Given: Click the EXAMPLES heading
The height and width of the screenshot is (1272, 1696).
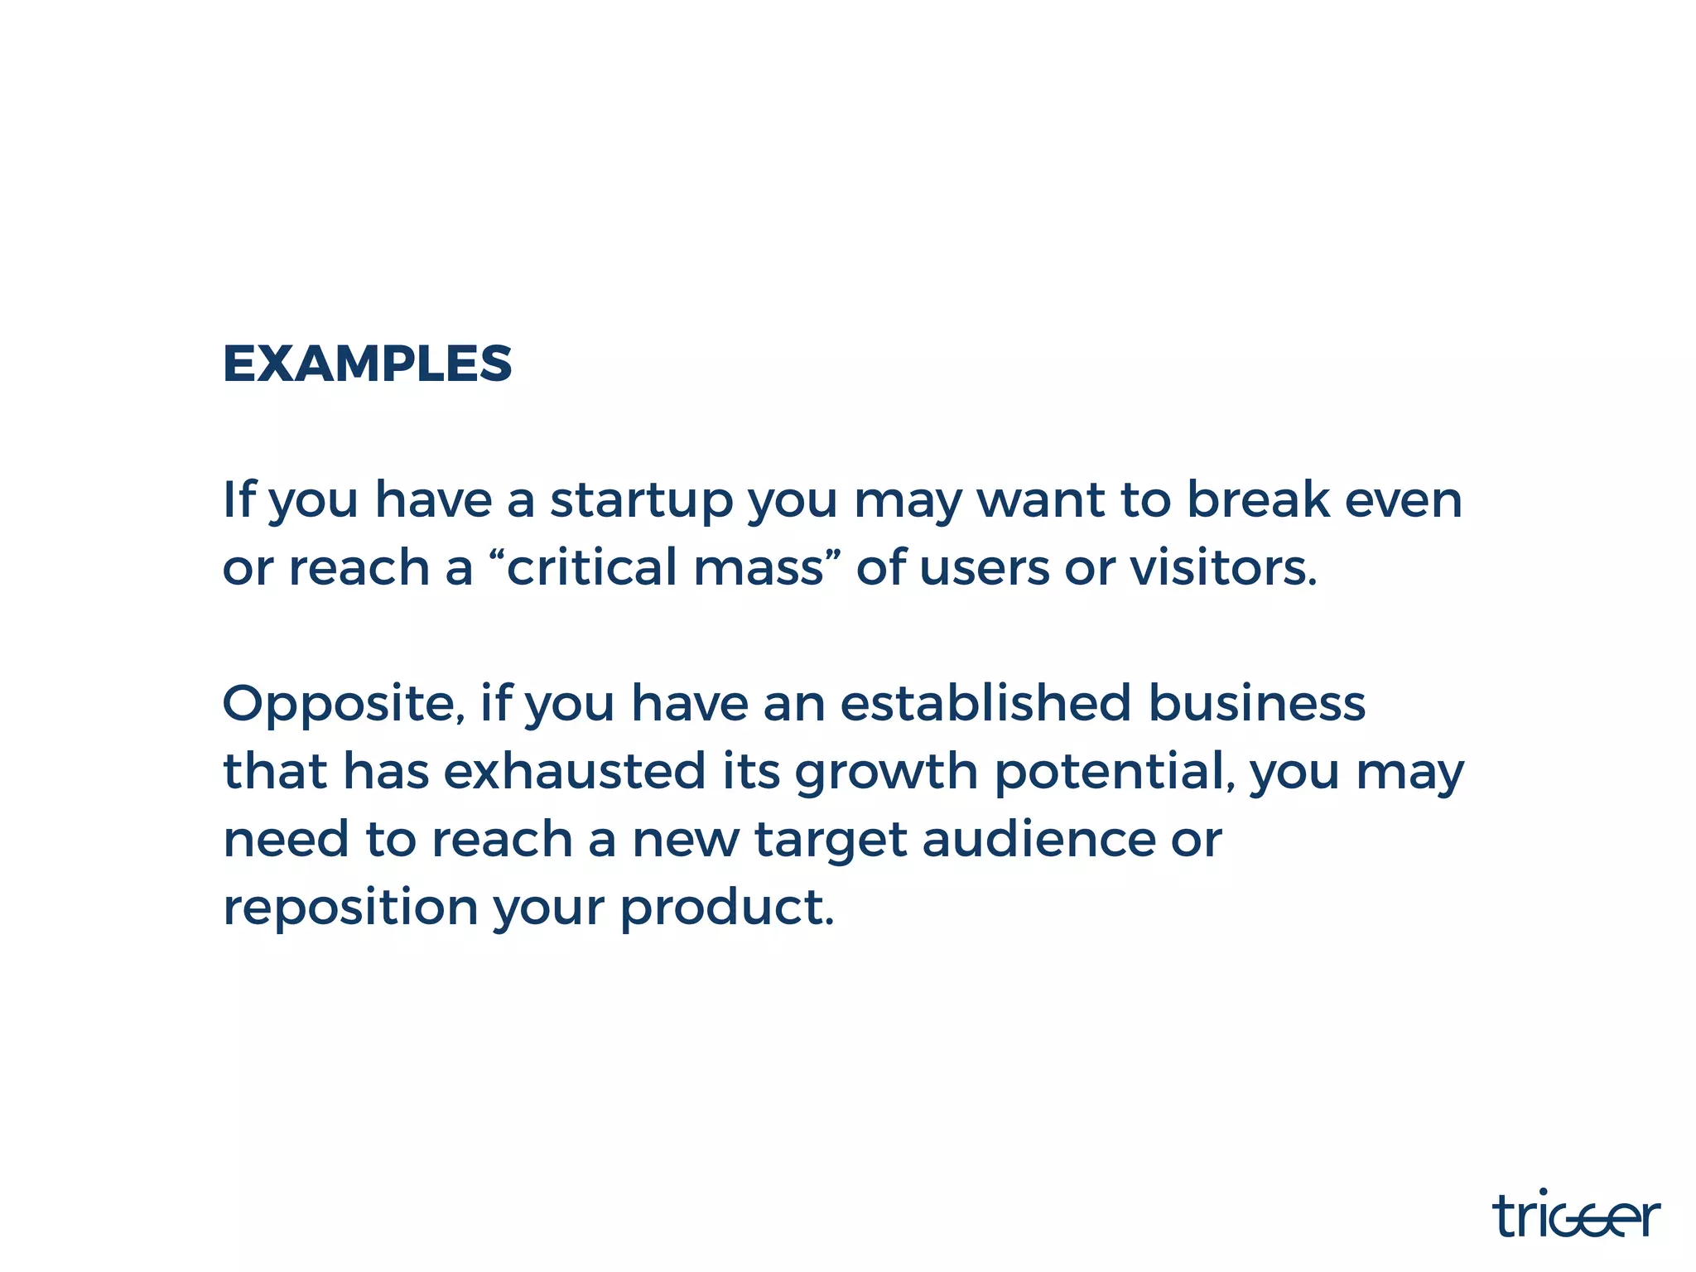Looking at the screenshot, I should point(368,364).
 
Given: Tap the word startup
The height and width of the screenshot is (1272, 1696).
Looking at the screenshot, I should point(642,502).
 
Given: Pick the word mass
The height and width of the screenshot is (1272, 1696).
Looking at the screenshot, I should point(758,570).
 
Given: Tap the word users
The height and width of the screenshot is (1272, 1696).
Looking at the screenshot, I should point(985,570).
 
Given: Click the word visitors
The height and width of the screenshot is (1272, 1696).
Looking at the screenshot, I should point(1222,568).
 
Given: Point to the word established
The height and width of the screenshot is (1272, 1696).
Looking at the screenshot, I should point(985,704).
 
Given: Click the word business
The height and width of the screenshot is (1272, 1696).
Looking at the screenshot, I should point(1257,704).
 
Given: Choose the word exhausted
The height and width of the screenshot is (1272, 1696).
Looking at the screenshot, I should point(575,772).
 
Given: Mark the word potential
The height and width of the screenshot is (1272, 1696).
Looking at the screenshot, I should point(1110,772).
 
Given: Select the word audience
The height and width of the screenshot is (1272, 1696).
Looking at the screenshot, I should point(1038,840).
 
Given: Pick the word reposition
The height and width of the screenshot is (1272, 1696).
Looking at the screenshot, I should point(351,909).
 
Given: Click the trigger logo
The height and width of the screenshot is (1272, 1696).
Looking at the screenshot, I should point(1576,1216).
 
